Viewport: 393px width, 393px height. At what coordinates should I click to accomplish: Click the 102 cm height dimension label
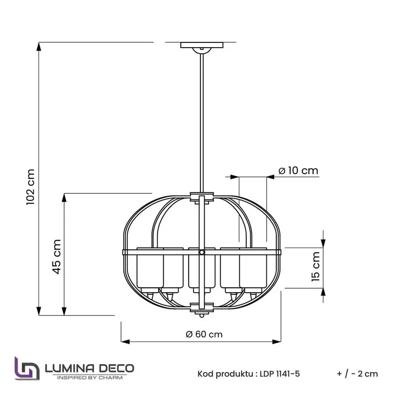pyautogui.click(x=31, y=187)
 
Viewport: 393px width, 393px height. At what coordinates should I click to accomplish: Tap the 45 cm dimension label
pyautogui.click(x=57, y=257)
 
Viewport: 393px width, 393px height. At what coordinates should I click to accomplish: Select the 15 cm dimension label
pyautogui.click(x=316, y=266)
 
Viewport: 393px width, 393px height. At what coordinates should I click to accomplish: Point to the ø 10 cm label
pyautogui.click(x=298, y=171)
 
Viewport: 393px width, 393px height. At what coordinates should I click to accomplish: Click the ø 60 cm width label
pyautogui.click(x=204, y=334)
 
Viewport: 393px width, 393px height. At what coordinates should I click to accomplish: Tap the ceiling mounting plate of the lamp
pyautogui.click(x=202, y=45)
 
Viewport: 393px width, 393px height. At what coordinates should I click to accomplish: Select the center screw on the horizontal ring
pyautogui.click(x=201, y=252)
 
